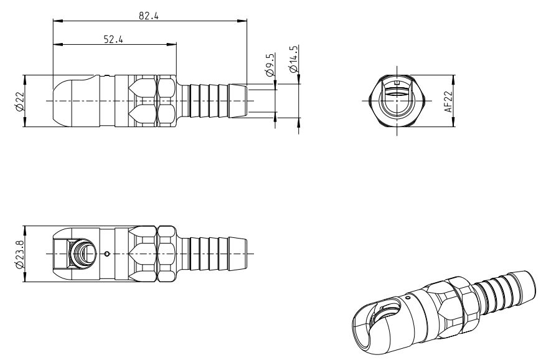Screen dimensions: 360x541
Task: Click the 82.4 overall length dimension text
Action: click(149, 16)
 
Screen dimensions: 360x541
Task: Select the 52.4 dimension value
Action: click(113, 39)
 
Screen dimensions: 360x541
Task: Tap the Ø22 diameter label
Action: click(19, 101)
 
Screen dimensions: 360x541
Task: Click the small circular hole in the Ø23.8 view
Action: click(108, 253)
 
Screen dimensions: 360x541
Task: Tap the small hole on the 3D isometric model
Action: click(408, 299)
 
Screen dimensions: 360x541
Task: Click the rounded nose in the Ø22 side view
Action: click(65, 101)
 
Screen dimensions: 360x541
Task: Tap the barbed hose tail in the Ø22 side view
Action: click(215, 101)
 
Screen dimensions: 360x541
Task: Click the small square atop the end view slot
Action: click(397, 82)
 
